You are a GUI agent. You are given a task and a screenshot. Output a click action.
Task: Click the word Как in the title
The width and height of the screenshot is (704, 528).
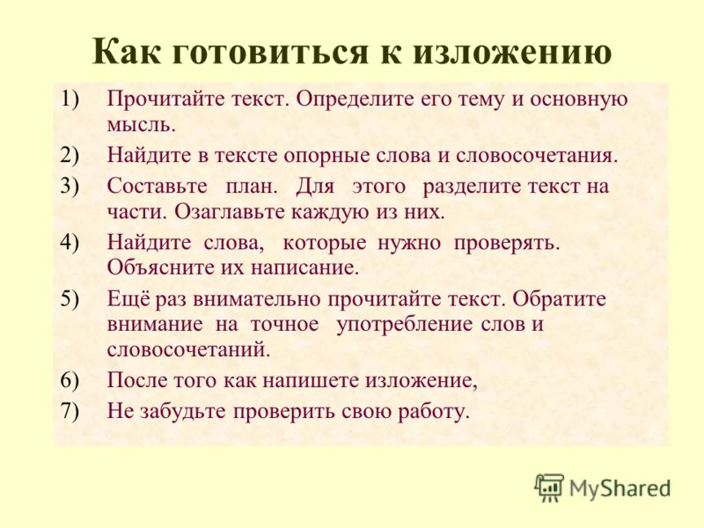[x=126, y=52]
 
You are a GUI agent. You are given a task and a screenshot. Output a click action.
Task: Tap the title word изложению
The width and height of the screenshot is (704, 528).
[x=512, y=52]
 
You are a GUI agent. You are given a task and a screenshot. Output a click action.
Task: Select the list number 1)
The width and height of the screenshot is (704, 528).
[x=70, y=99]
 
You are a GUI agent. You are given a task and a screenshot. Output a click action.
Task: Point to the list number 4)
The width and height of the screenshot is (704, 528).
[x=70, y=243]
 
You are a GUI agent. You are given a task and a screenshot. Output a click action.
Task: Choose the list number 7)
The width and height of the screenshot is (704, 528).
[x=70, y=411]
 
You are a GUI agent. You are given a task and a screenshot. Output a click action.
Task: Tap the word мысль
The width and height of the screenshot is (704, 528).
[x=141, y=125]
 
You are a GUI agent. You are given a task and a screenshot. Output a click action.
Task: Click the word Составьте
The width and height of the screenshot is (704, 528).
[x=158, y=186]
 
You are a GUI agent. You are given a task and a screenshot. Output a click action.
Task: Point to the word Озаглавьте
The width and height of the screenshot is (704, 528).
[x=231, y=211]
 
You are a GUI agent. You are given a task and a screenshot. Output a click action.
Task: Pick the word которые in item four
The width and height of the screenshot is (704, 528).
[x=324, y=244]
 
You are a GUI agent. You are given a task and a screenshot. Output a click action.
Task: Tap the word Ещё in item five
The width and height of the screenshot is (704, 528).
[x=128, y=298]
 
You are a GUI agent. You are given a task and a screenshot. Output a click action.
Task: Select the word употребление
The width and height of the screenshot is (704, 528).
[x=404, y=325]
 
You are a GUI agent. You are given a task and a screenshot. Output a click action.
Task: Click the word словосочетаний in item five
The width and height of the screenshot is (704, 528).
[x=188, y=350]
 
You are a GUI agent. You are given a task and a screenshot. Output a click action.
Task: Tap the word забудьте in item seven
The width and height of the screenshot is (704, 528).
[x=183, y=411]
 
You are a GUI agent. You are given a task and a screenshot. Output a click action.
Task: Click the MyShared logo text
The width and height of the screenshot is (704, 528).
[x=620, y=488]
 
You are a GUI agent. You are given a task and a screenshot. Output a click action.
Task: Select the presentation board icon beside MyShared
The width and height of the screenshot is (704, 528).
[x=549, y=488]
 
